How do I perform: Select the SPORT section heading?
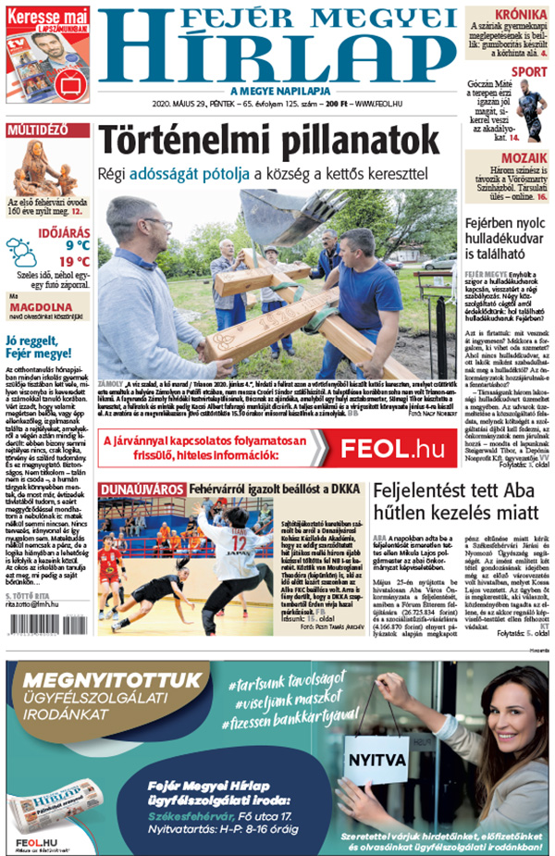[x=529, y=71]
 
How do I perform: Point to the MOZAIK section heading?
[x=524, y=158]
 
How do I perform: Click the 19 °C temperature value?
[x=77, y=262]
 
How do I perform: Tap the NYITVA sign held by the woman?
[x=376, y=762]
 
